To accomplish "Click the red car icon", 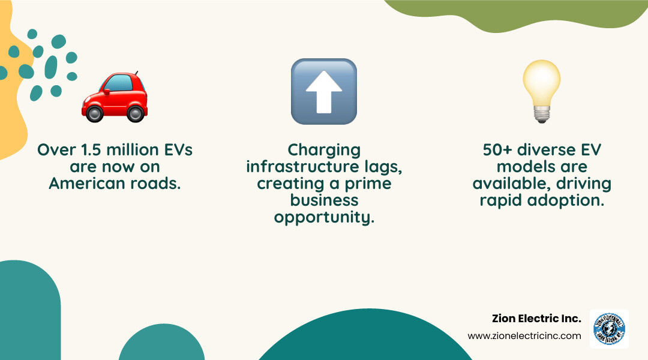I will click(115, 96).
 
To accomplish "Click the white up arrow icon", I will click(324, 91).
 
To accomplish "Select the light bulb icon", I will click(541, 90).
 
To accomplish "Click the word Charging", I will click(324, 150).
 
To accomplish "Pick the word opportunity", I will click(324, 217).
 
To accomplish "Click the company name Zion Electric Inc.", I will click(536, 319).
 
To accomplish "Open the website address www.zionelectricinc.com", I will click(524, 336).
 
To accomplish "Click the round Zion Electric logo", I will click(609, 329).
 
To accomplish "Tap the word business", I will click(324, 200).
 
